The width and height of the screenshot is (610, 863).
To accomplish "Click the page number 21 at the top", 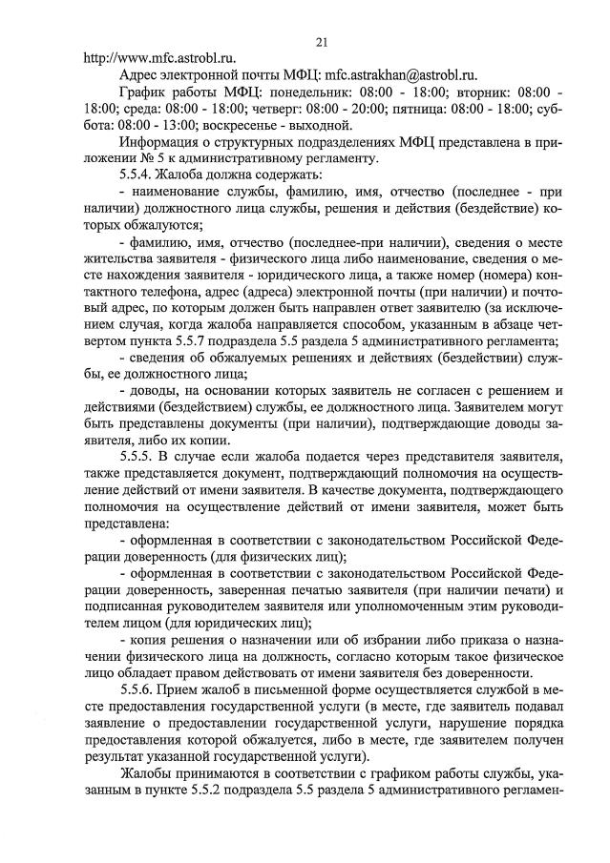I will pos(322,39).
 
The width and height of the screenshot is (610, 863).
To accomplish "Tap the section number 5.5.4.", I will pos(140,176).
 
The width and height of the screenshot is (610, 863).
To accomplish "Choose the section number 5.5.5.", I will pos(140,456).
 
